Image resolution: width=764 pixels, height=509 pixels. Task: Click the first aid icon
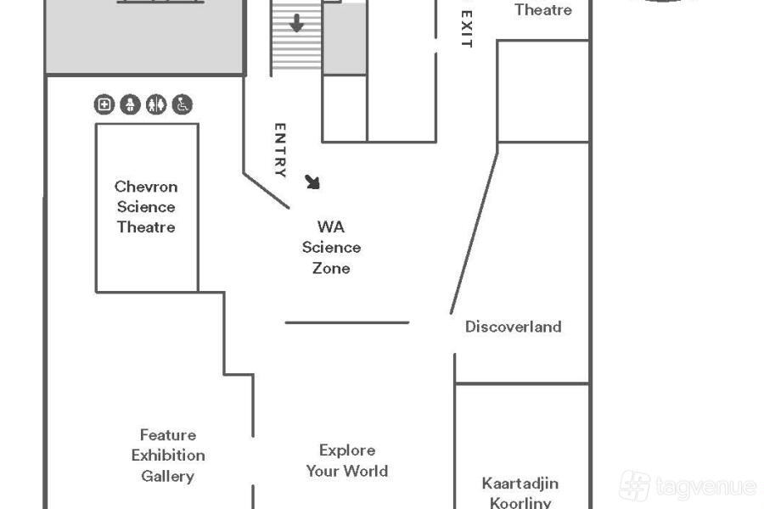104,104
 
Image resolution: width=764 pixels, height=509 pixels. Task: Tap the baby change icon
130,104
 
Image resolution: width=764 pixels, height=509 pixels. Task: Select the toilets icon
156,104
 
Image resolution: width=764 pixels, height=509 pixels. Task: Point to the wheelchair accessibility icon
183,104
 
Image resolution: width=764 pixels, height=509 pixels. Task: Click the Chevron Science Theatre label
146,207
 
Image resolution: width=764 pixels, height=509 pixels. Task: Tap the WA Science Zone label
331,248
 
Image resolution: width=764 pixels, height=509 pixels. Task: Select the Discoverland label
513,327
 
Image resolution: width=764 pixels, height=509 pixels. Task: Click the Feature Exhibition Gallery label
168,456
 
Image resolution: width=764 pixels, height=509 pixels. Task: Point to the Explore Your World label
347,461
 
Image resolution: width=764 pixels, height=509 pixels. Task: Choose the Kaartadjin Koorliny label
520,493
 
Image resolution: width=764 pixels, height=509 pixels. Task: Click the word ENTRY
280,150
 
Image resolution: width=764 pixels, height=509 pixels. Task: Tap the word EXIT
465,29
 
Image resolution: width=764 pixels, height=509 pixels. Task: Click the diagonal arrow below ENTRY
313,182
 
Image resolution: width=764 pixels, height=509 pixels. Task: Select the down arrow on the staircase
296,24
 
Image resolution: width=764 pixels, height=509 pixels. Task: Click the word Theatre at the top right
543,10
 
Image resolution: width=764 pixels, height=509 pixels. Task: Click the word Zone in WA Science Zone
331,268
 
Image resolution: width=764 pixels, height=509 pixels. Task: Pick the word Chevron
146,187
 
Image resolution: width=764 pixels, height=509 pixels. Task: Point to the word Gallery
168,476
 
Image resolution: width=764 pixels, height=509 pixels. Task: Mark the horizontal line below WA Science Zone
346,322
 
